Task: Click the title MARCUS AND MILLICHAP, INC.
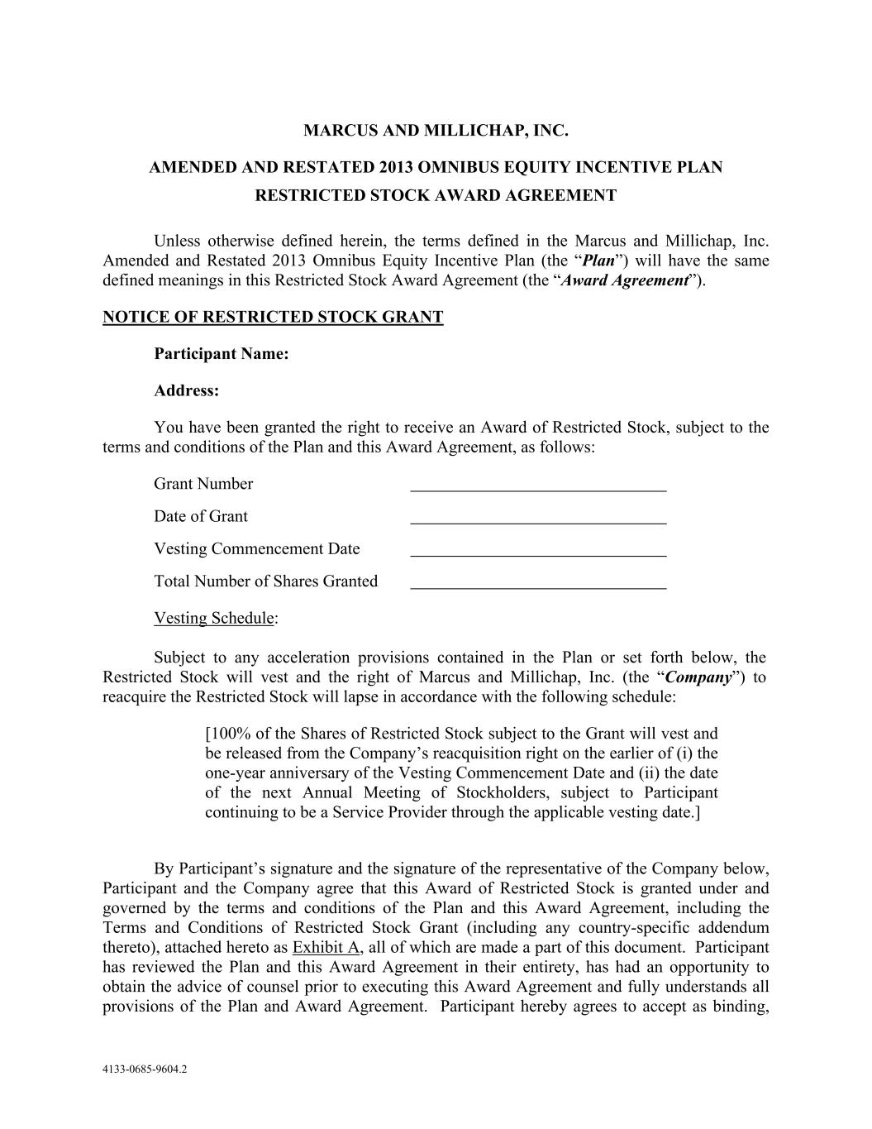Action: pos(436,131)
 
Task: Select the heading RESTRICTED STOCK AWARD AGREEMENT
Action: pos(436,196)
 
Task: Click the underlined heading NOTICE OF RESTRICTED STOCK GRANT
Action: pos(273,318)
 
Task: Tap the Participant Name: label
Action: pos(221,354)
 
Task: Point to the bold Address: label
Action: pos(186,391)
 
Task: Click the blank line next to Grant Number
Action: pos(538,486)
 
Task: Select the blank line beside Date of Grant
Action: pos(538,518)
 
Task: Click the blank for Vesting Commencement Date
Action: pos(538,551)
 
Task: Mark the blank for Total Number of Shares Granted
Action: pos(538,583)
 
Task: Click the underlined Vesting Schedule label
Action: pos(214,619)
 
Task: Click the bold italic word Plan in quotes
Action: pos(598,261)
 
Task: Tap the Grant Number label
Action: pos(203,485)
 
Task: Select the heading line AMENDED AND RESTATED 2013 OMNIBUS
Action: pos(436,168)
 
